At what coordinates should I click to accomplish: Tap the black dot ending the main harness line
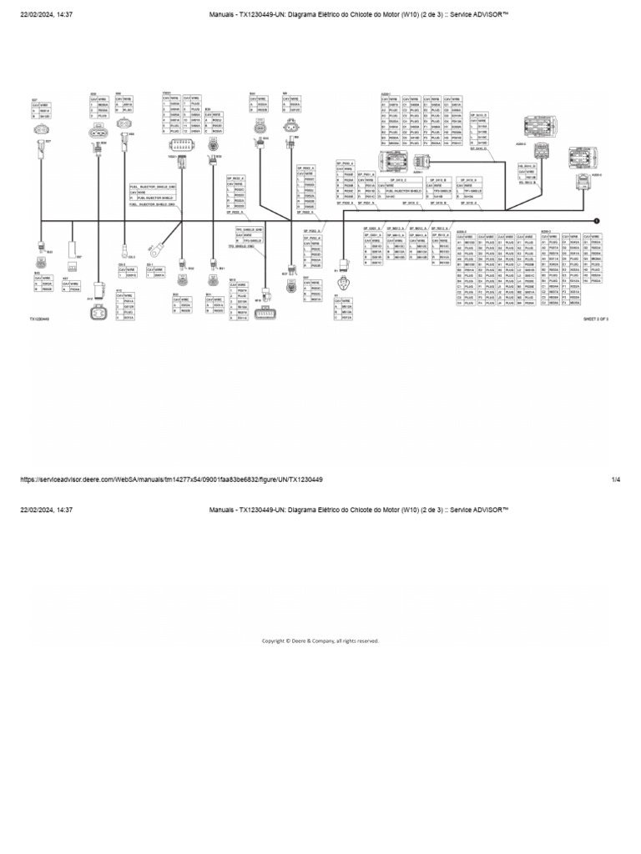pyautogui.click(x=597, y=220)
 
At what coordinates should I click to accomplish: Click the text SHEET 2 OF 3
pyautogui.click(x=594, y=319)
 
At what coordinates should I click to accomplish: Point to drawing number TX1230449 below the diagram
pyautogui.click(x=41, y=319)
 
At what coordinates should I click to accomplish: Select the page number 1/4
pyautogui.click(x=616, y=480)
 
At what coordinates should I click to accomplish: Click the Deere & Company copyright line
pyautogui.click(x=320, y=640)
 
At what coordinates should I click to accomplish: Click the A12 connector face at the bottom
pyautogui.click(x=98, y=313)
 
